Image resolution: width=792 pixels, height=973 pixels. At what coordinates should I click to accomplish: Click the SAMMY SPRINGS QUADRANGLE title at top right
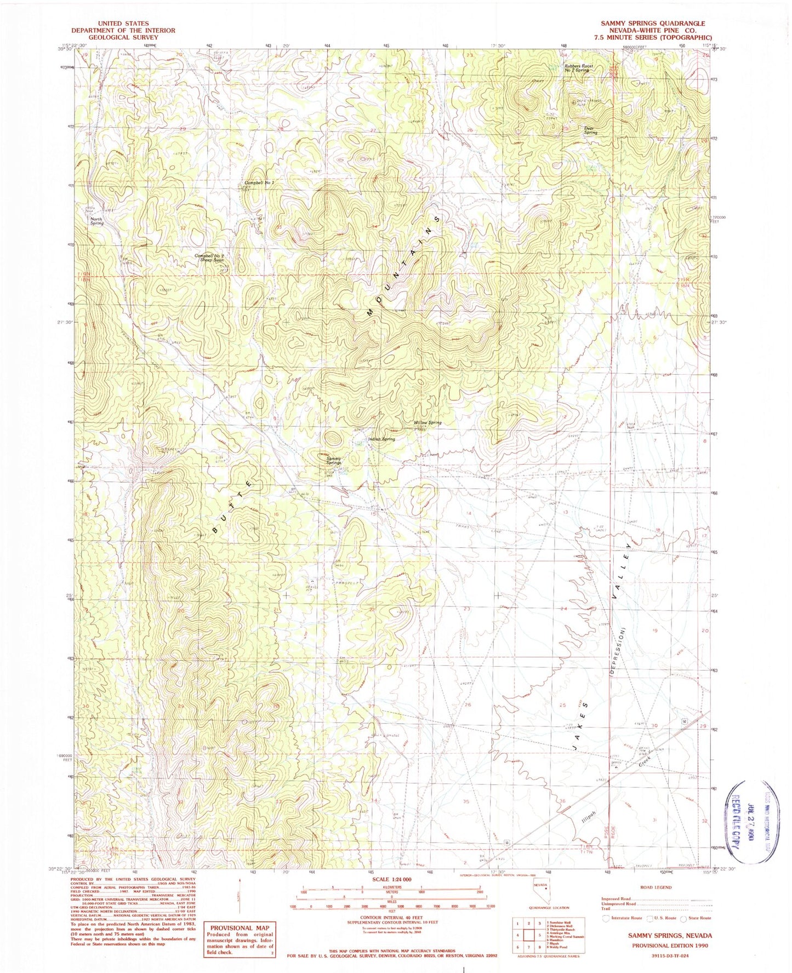[653, 24]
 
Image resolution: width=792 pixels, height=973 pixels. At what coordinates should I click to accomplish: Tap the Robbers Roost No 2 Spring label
[579, 68]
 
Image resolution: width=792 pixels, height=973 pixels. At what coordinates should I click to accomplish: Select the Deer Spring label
[590, 130]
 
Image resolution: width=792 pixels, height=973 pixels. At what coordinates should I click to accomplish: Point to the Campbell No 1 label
[259, 182]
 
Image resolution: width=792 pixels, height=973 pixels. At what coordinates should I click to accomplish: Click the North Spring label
[96, 221]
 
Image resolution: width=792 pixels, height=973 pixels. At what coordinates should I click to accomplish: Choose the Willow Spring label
[427, 422]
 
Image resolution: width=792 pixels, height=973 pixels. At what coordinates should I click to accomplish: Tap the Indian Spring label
[381, 439]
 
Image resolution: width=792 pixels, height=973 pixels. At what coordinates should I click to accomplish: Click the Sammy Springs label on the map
[334, 461]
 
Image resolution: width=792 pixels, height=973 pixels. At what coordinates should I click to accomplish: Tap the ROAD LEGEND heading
[655, 888]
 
